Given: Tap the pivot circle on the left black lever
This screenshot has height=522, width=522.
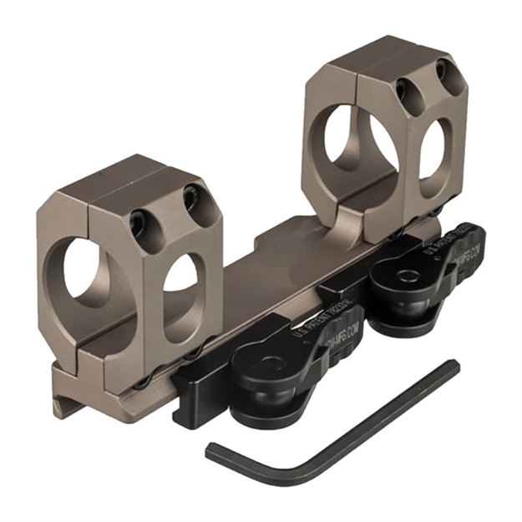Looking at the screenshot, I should (272, 364).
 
